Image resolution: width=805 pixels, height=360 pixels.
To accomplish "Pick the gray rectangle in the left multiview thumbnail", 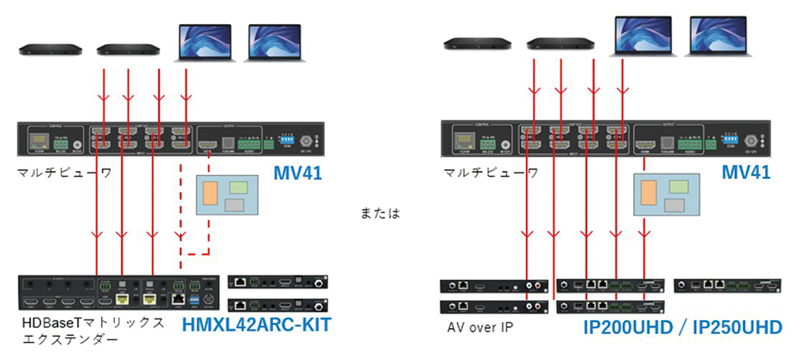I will point(235,204).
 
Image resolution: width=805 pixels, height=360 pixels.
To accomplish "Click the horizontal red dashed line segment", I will point(193,254).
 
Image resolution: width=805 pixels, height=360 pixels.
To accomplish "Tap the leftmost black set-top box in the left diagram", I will point(51,48).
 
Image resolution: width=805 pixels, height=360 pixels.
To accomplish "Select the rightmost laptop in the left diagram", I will point(274,42).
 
